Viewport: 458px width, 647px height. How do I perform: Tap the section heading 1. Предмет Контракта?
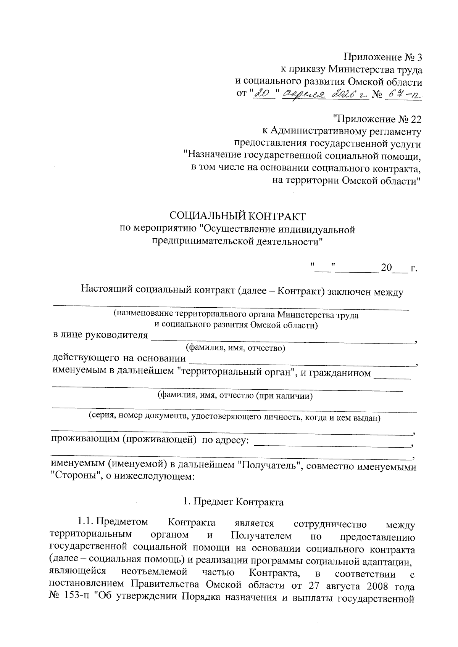233,502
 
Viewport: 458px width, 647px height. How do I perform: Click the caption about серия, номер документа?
234,417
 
